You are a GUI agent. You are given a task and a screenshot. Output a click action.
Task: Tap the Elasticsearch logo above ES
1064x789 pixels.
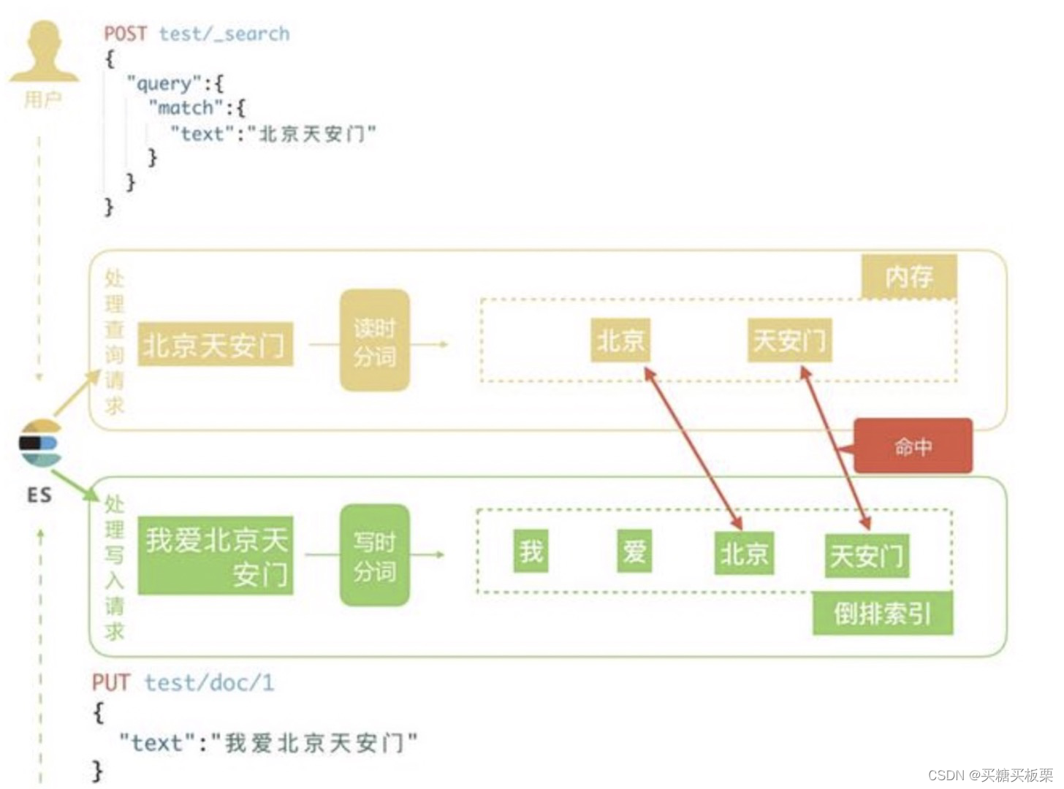(x=40, y=443)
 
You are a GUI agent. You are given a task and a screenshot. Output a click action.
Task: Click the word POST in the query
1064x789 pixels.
(x=125, y=34)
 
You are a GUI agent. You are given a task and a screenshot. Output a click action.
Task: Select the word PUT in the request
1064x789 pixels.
(x=110, y=683)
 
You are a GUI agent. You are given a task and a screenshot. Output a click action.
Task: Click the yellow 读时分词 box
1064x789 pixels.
(x=374, y=340)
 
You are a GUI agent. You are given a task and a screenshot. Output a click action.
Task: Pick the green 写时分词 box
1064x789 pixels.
(x=374, y=555)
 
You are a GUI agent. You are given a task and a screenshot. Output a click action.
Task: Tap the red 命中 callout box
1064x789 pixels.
(x=913, y=446)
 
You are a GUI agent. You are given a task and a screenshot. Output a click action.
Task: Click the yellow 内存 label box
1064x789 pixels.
(x=908, y=276)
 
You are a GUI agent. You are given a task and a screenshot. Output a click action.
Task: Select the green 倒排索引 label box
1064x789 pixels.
(x=883, y=614)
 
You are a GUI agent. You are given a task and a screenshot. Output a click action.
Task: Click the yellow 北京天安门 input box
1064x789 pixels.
(x=215, y=344)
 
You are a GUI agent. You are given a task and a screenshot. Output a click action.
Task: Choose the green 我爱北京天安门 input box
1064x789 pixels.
(x=216, y=556)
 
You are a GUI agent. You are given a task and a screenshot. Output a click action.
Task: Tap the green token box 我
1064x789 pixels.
(x=531, y=551)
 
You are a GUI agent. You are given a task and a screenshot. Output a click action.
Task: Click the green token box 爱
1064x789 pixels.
(x=634, y=551)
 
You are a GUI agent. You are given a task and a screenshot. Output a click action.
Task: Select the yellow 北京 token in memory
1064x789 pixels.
(x=620, y=340)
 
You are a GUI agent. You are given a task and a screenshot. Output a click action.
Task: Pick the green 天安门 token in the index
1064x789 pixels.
(x=867, y=556)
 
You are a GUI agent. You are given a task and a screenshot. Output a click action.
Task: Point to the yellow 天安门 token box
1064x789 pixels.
(x=789, y=340)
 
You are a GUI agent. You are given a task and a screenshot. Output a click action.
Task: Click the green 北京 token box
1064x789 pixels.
(x=744, y=553)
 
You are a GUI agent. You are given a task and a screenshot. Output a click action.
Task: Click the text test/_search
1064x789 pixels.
(x=224, y=34)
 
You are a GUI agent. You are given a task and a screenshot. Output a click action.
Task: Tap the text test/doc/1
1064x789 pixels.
(x=209, y=683)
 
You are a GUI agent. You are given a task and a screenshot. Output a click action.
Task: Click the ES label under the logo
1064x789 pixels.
(x=39, y=495)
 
